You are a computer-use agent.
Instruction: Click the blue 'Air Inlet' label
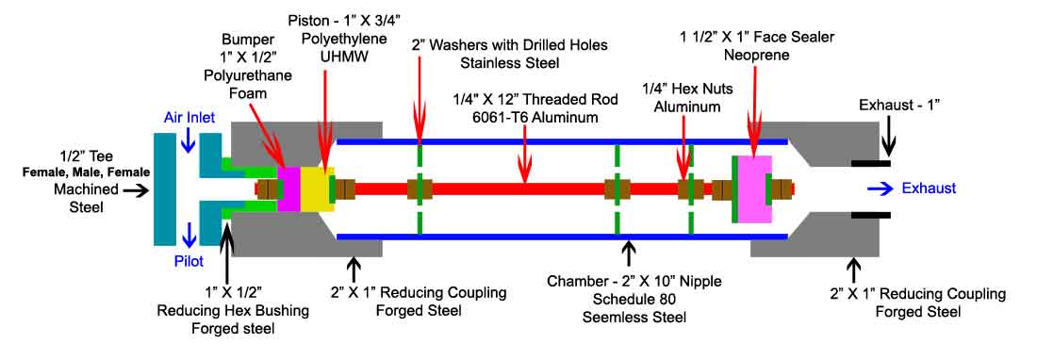[190, 118]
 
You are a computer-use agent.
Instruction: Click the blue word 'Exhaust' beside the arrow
[929, 188]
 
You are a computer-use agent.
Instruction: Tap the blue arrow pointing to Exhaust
[881, 188]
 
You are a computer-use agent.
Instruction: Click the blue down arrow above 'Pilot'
[190, 231]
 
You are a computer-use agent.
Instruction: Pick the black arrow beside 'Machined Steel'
[134, 189]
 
